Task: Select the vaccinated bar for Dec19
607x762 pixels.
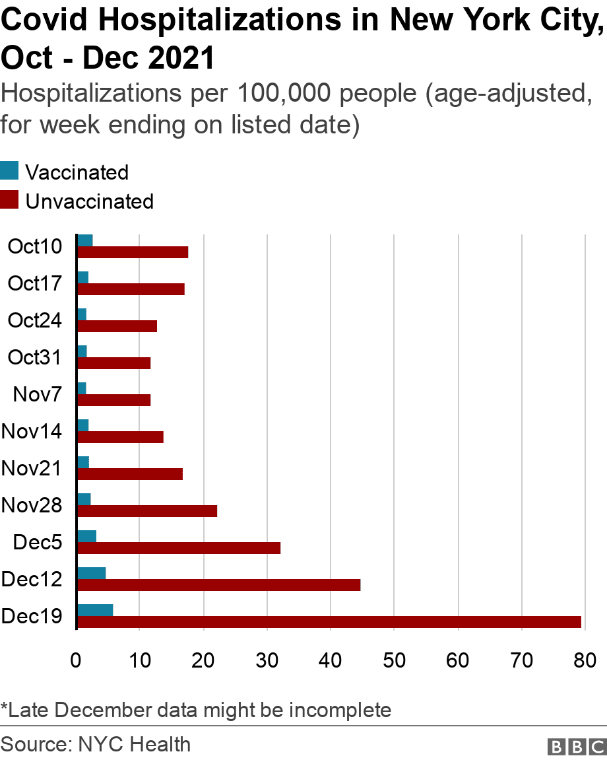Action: pyautogui.click(x=95, y=610)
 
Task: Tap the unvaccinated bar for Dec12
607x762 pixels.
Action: pyautogui.click(x=218, y=584)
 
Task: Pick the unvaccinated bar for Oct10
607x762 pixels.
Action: pyautogui.click(x=133, y=252)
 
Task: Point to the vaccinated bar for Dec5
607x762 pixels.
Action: pyautogui.click(x=86, y=536)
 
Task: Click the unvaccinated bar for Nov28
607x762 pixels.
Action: pyautogui.click(x=147, y=510)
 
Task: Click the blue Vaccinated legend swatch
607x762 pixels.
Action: pyautogui.click(x=10, y=172)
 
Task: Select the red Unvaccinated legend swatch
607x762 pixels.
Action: pyautogui.click(x=10, y=200)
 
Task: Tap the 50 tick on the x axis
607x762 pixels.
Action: pyautogui.click(x=393, y=660)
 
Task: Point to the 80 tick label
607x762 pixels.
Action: pyautogui.click(x=583, y=660)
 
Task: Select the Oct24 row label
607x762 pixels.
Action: pyautogui.click(x=35, y=321)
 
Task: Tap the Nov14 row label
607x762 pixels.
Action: pyautogui.click(x=32, y=432)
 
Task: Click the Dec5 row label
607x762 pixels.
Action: pyautogui.click(x=38, y=543)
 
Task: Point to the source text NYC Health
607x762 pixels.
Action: pyautogui.click(x=134, y=745)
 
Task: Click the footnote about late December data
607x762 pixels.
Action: pyautogui.click(x=196, y=710)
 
